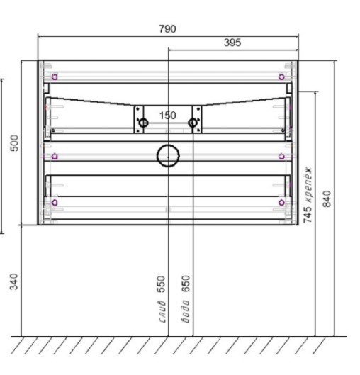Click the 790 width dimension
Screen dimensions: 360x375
[167, 28]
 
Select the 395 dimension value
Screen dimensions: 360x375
[232, 43]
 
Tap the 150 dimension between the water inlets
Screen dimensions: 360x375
[167, 116]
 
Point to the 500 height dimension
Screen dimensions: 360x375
[14, 143]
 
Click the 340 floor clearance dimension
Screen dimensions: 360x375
[14, 281]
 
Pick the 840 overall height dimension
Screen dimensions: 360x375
[327, 198]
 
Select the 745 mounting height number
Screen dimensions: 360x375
[308, 215]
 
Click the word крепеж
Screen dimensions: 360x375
[308, 185]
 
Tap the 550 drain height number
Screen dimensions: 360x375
[161, 284]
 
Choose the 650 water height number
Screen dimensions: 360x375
[186, 284]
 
